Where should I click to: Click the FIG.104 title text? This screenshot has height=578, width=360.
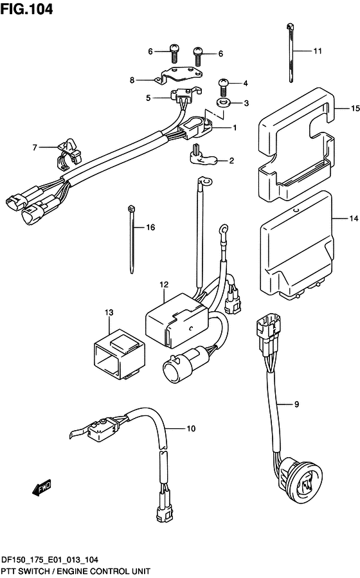pyautogui.click(x=26, y=9)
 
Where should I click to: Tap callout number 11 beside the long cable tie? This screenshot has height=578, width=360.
pyautogui.click(x=318, y=51)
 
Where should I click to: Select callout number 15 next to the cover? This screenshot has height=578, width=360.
pyautogui.click(x=355, y=109)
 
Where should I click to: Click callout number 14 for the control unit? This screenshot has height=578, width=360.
pyautogui.click(x=354, y=219)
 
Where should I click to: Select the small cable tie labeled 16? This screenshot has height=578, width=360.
pyautogui.click(x=132, y=240)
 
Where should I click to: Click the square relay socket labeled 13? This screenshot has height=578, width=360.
pyautogui.click(x=119, y=354)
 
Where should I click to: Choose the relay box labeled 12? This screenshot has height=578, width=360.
pyautogui.click(x=177, y=320)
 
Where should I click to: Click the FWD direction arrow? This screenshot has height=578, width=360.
pyautogui.click(x=41, y=488)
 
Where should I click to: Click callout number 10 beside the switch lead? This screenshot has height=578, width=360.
pyautogui.click(x=191, y=428)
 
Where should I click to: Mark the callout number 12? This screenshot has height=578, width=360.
pyautogui.click(x=164, y=285)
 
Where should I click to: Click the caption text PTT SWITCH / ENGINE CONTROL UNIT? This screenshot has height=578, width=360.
pyautogui.click(x=76, y=572)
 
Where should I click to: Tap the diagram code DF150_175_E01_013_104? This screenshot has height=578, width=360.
pyautogui.click(x=50, y=560)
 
